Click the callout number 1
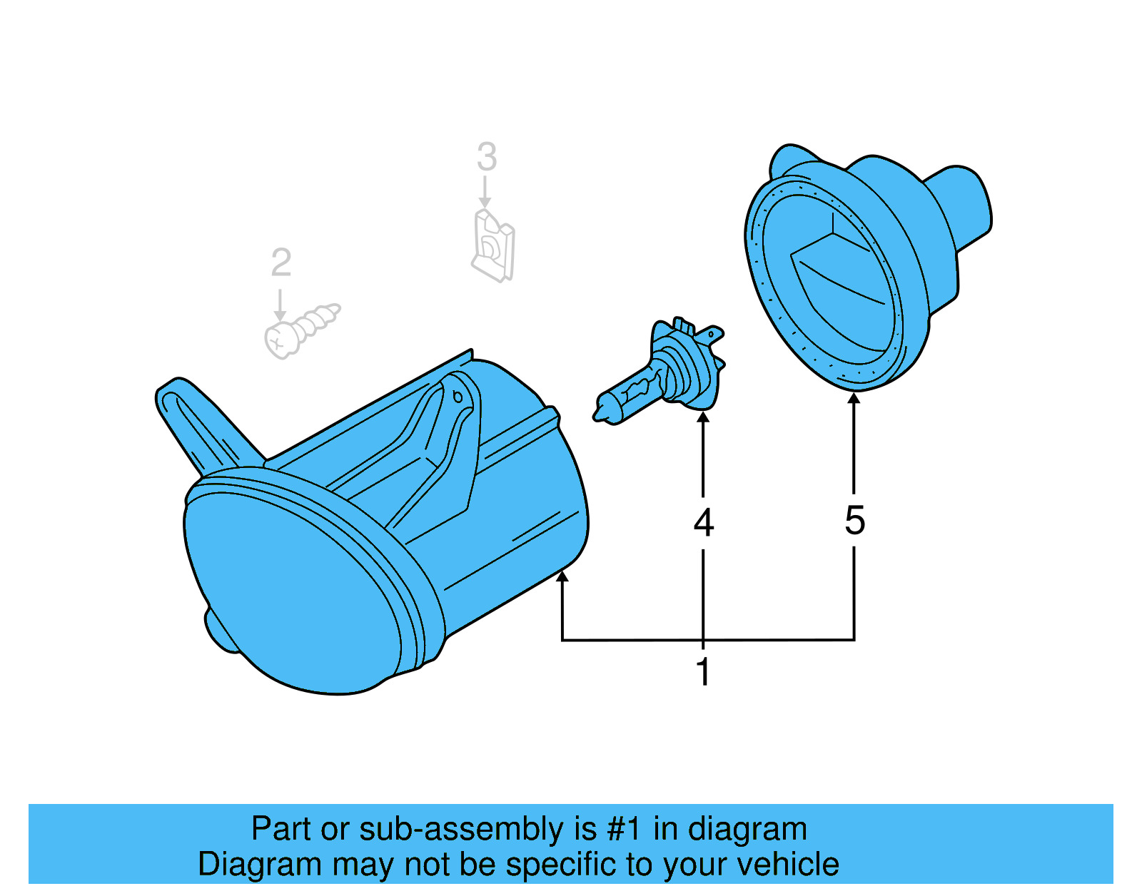point(704,672)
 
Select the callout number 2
point(281,263)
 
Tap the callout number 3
point(486,157)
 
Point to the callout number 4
point(704,523)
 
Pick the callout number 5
point(854,520)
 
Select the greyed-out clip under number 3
point(493,245)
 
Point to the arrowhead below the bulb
point(704,418)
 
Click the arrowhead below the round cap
point(854,398)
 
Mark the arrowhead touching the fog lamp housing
point(562,576)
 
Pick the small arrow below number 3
point(485,203)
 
